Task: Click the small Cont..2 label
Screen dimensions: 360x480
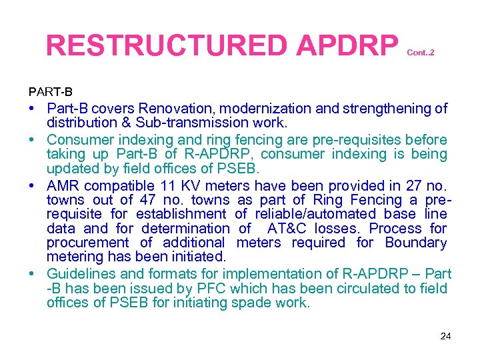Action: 420,51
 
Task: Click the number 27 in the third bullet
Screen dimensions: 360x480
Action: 393,185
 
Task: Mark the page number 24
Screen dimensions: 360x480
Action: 446,336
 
